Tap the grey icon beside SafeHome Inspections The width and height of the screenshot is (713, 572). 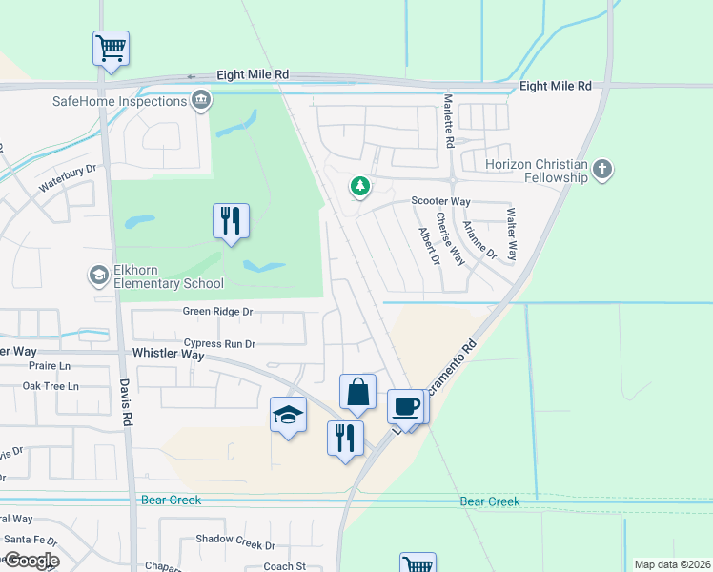coord(201,100)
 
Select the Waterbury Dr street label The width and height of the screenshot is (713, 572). coord(68,178)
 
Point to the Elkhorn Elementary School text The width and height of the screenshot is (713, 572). coord(169,276)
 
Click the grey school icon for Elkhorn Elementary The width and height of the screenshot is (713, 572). coord(98,276)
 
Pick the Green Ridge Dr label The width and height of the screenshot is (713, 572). coord(218,312)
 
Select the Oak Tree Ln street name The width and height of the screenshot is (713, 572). coord(51,386)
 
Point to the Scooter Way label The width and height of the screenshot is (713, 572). coord(440,201)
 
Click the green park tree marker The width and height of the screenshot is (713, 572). coord(360,186)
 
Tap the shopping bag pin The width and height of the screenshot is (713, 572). coord(357,393)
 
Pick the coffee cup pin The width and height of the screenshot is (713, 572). coord(405,406)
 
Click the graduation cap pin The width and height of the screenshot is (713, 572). coord(288,416)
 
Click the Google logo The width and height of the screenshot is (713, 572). coord(31,560)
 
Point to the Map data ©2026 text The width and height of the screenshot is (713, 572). coord(672,564)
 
